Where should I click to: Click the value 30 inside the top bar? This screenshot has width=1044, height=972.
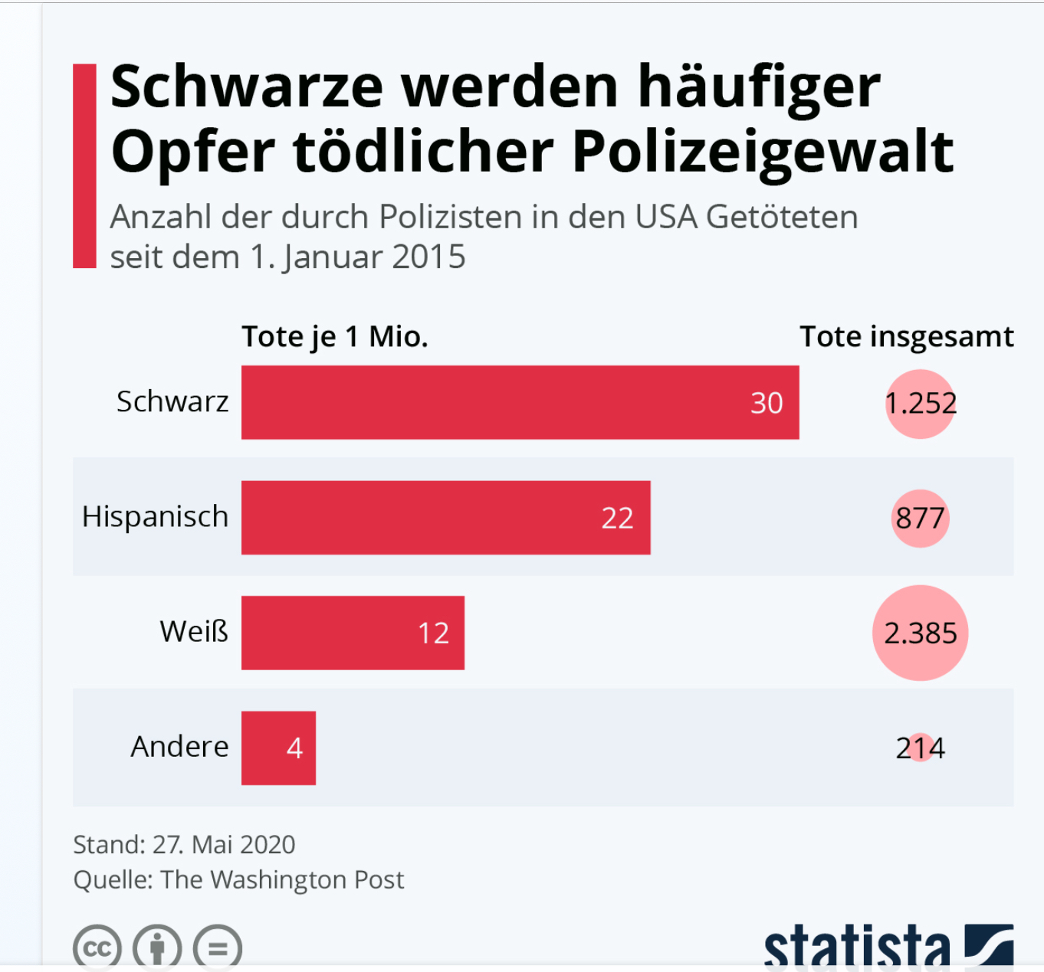[x=767, y=403]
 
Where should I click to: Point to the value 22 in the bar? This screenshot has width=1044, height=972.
[x=617, y=519]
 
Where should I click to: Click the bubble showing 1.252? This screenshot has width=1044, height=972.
[x=921, y=404]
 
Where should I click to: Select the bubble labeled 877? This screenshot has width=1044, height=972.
[x=920, y=519]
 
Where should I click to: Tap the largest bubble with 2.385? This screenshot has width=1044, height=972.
[x=920, y=633]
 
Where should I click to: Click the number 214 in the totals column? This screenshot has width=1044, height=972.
[x=920, y=748]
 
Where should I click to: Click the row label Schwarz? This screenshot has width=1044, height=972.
[x=172, y=401]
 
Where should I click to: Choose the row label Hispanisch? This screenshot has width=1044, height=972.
[x=155, y=516]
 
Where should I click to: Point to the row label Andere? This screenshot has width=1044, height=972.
[x=179, y=746]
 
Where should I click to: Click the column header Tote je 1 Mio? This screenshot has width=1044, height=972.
[x=335, y=336]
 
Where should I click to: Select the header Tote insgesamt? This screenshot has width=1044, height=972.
[x=906, y=336]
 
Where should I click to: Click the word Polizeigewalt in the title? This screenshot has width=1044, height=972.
[x=763, y=151]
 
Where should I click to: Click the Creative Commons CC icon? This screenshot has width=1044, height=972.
[x=97, y=948]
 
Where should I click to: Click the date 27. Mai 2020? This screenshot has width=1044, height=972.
[x=224, y=844]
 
